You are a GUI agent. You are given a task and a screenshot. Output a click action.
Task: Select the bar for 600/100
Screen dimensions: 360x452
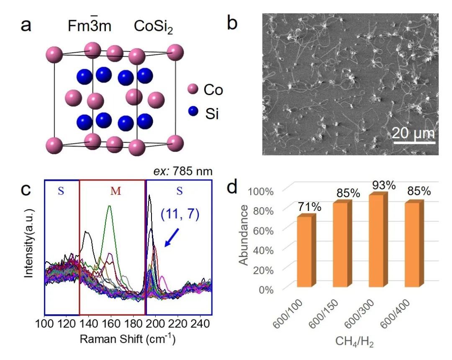point(304,251)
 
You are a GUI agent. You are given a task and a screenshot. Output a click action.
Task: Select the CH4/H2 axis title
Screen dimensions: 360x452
point(354,342)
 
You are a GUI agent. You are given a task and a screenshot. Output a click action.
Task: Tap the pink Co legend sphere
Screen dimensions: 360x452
point(193,89)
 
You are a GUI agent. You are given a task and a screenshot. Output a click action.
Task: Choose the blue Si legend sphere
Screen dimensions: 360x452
point(193,112)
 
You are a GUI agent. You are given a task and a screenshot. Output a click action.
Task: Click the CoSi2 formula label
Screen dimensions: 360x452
point(153,26)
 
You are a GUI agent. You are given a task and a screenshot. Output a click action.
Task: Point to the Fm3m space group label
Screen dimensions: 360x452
point(90,26)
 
